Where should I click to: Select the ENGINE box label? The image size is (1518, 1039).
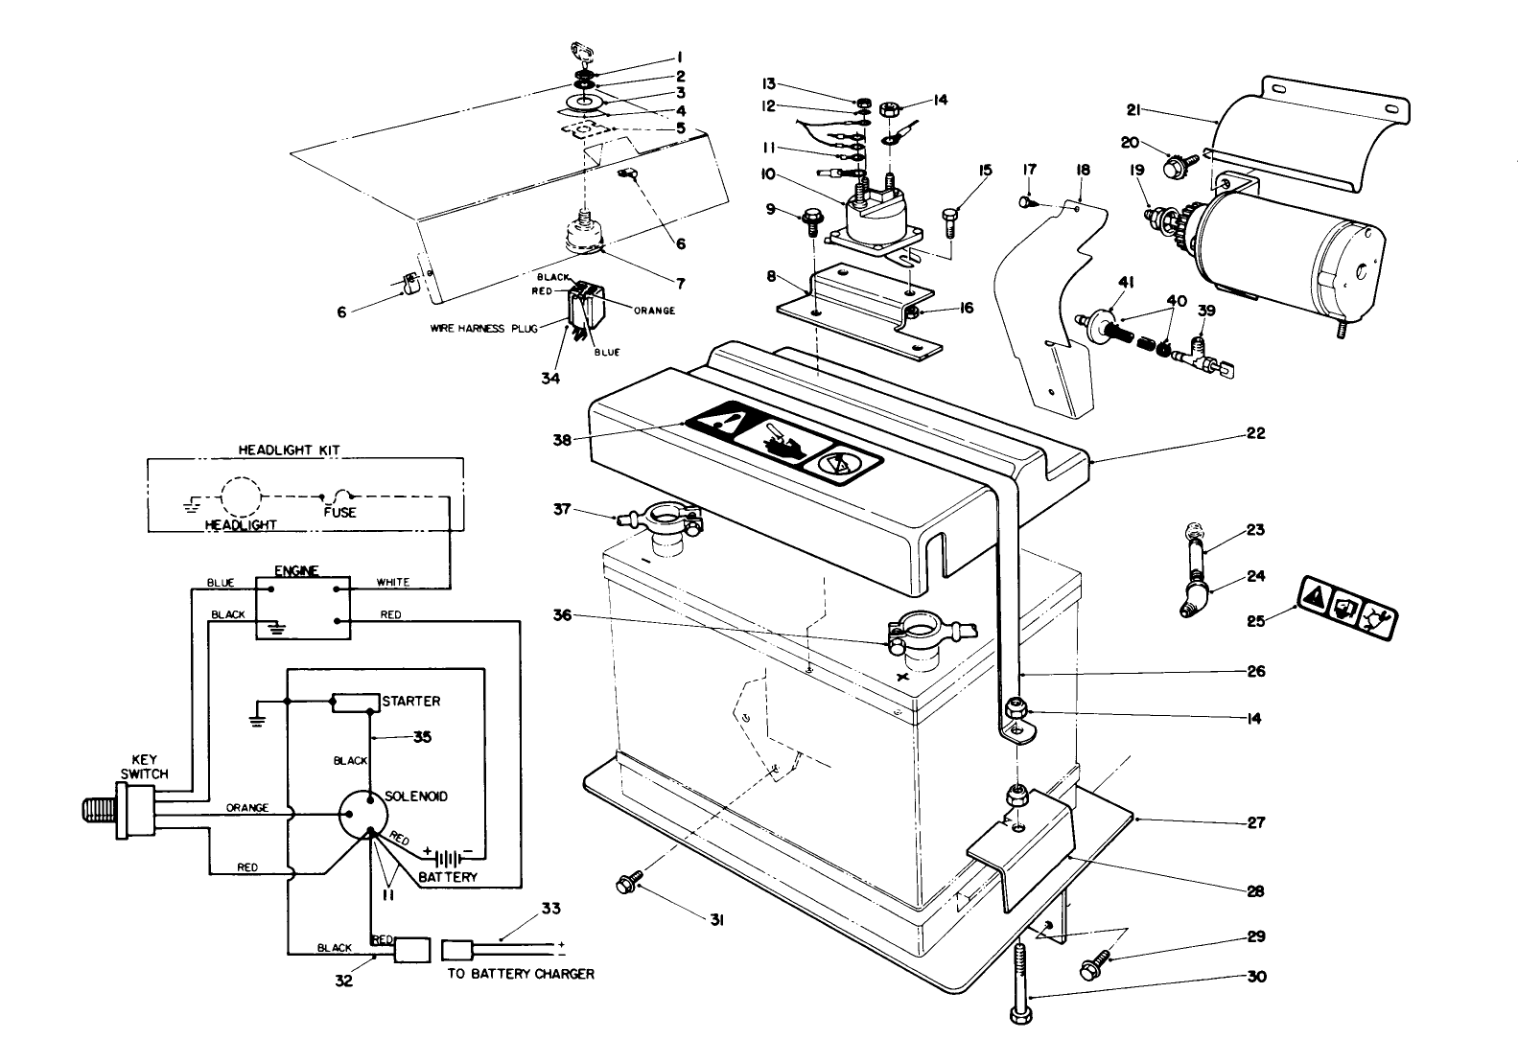290,571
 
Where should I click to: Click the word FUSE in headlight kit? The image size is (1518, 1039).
339,512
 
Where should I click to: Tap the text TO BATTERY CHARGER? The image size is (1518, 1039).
521,974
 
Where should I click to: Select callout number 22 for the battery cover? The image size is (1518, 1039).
1255,433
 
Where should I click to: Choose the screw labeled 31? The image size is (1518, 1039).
631,880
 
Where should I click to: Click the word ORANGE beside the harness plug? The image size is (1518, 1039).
654,311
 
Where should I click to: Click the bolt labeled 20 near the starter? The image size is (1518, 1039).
1175,167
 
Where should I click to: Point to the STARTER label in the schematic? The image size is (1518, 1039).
410,701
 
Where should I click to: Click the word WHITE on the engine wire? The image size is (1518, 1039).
393,582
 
